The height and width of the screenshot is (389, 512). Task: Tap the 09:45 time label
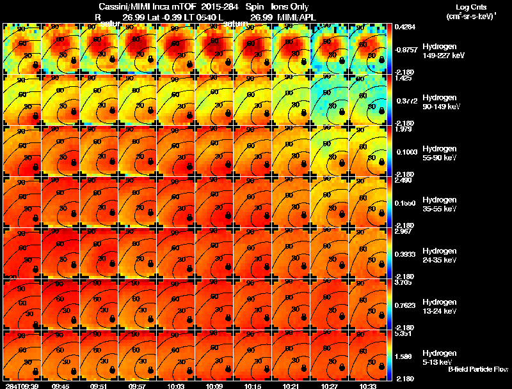[60, 385]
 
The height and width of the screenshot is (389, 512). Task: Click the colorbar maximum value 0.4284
[404, 27]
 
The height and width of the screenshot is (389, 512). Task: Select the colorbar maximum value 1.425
[404, 78]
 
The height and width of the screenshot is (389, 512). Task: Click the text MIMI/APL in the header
[296, 17]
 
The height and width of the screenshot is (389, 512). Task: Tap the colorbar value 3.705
[404, 282]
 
